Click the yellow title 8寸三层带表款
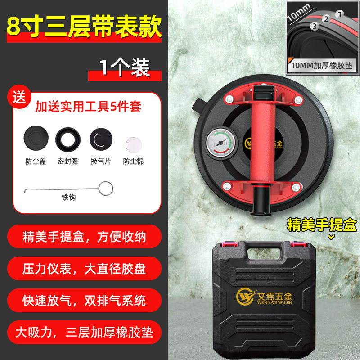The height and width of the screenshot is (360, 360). pyautogui.click(x=84, y=27)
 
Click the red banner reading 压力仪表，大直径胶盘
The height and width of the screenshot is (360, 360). pyautogui.click(x=85, y=269)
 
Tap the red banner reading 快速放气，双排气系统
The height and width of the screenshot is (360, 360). pyautogui.click(x=85, y=301)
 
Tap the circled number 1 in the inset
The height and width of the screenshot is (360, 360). pyautogui.click(x=340, y=14)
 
